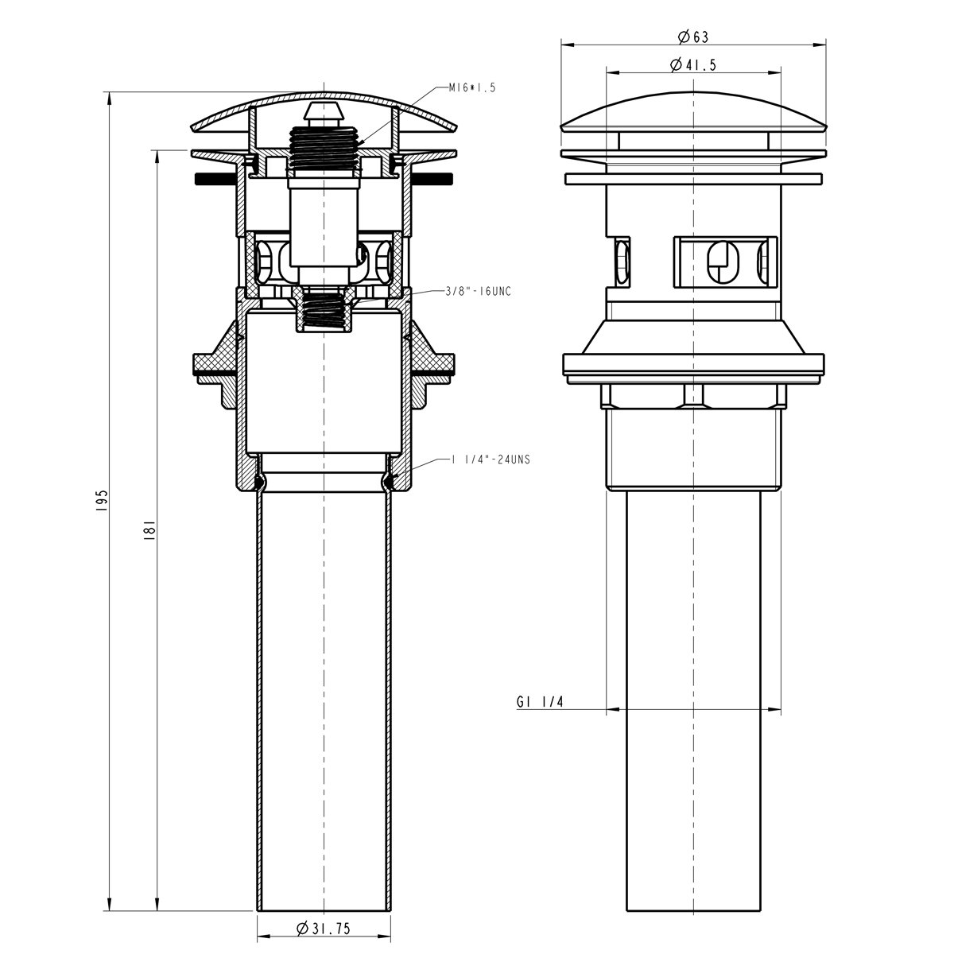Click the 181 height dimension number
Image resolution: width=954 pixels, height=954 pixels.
[149, 529]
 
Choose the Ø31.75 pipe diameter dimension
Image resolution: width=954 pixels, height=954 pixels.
[324, 929]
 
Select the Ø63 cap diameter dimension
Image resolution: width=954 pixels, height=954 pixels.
[692, 37]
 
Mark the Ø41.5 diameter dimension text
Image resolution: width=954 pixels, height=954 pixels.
[692, 65]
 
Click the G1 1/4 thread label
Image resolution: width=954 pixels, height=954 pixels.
[540, 702]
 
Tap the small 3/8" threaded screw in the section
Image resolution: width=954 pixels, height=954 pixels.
[324, 312]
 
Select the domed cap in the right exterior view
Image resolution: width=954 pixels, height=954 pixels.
[693, 111]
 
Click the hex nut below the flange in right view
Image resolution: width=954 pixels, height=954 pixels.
[693, 395]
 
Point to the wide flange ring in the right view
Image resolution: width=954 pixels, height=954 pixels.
[693, 365]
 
